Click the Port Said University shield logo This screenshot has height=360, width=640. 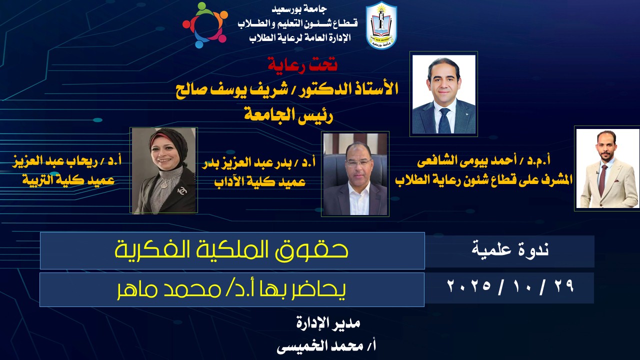pyautogui.click(x=381, y=25)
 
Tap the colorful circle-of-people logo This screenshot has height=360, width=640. pyautogui.click(x=205, y=25)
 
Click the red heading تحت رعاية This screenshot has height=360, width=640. pyautogui.click(x=302, y=64)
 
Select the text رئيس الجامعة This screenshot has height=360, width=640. pyautogui.click(x=288, y=115)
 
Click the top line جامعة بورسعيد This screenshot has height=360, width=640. pyautogui.click(x=299, y=9)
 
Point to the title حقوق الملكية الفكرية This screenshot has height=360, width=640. pyautogui.click(x=231, y=250)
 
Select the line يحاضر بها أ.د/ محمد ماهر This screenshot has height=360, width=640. pyautogui.click(x=231, y=289)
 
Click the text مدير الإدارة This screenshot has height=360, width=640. pyautogui.click(x=328, y=323)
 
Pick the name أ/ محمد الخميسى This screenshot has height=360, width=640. pyautogui.click(x=326, y=346)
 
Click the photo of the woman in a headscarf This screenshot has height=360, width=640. pyautogui.click(x=163, y=170)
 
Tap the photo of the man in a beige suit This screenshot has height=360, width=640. pyautogui.click(x=607, y=168)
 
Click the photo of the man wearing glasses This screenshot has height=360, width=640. pyautogui.click(x=355, y=174)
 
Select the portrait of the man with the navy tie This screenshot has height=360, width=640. pyautogui.click(x=443, y=94)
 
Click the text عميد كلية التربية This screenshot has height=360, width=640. pyautogui.click(x=68, y=180)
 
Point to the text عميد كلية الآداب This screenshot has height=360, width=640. pyautogui.click(x=260, y=181)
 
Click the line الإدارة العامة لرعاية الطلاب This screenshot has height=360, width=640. pyautogui.click(x=300, y=37)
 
